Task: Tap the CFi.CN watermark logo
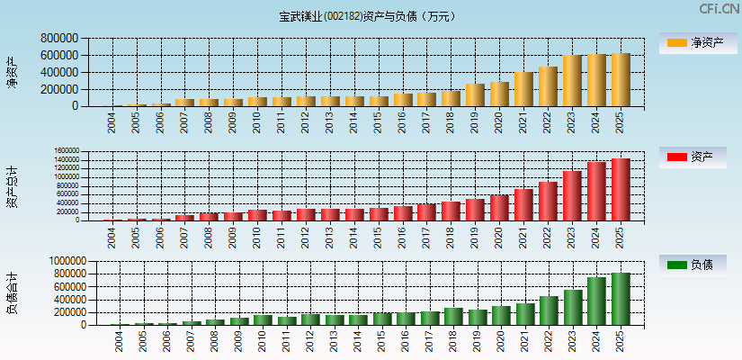[x=719, y=9]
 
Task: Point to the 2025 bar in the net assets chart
[x=621, y=80]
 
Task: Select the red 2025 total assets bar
[x=621, y=190]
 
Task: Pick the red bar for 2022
[x=548, y=202]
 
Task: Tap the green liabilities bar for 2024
[x=596, y=301]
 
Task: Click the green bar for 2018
[x=453, y=317]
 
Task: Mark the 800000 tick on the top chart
[x=58, y=39]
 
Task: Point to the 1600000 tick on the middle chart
[x=67, y=151]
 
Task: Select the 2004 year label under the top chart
[x=112, y=123]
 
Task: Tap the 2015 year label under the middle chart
[x=379, y=238]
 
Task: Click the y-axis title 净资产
[x=12, y=72]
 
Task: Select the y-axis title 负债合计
[x=12, y=293]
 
